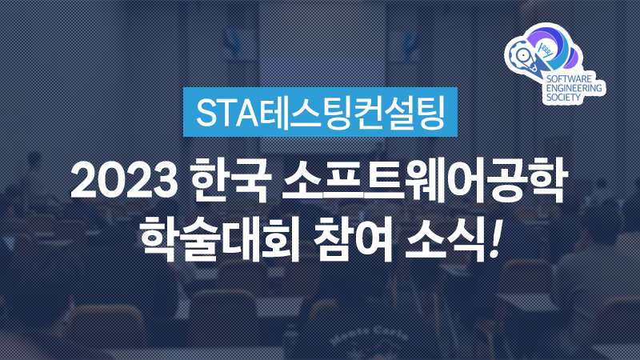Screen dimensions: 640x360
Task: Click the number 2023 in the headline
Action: (125, 181)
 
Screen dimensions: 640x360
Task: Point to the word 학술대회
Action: (220, 238)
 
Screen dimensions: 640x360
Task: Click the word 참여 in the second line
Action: (353, 238)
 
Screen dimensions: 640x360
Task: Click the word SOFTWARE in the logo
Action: (569, 78)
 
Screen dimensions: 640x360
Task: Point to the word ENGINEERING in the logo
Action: (574, 88)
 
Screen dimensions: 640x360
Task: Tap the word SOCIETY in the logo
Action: (563, 97)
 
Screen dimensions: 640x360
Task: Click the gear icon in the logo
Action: (522, 54)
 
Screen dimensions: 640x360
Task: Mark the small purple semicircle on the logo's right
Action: (575, 57)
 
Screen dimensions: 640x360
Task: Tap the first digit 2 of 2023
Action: (84, 181)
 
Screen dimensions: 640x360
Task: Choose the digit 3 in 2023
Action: (166, 181)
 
